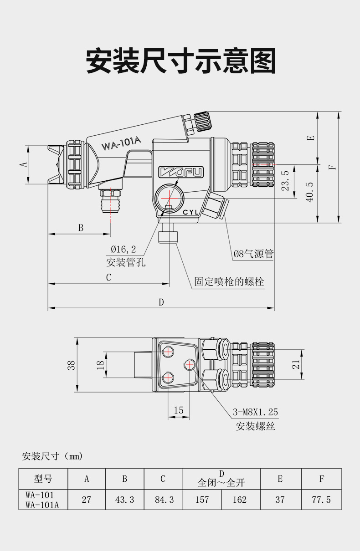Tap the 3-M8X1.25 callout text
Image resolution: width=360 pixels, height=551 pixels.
[x=255, y=413]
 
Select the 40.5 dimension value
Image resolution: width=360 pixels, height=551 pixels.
[x=310, y=192]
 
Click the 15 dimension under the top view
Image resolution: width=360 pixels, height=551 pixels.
[x=179, y=410]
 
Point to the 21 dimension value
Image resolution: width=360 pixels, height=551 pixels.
[x=296, y=364]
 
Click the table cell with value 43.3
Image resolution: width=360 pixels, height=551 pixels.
[x=124, y=500]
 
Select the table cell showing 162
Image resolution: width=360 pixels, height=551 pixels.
[x=240, y=500]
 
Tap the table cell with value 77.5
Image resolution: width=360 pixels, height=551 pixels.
[x=321, y=500]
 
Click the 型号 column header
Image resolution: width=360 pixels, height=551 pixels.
[x=43, y=479]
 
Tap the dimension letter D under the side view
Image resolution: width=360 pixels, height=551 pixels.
[x=161, y=302]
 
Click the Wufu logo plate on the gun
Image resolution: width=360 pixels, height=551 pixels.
[x=181, y=172]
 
